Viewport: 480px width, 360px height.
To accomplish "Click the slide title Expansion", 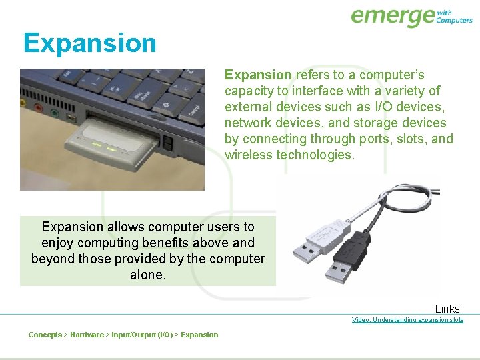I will [89, 43].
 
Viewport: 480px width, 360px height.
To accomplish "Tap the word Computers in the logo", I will [454, 20].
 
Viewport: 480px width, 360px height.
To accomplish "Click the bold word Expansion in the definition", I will [258, 75].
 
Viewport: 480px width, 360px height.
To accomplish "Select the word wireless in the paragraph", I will [248, 155].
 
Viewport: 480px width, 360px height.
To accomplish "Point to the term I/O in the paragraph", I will [385, 107].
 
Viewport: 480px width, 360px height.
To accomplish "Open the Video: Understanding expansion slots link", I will [407, 320].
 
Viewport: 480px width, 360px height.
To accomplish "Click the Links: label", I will [449, 309].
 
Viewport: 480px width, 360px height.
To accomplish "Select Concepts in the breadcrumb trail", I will [45, 335].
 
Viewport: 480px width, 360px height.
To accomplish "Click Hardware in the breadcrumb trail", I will [87, 335].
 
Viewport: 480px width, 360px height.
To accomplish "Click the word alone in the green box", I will [147, 275].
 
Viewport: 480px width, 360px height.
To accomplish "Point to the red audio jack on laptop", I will [39, 108].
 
